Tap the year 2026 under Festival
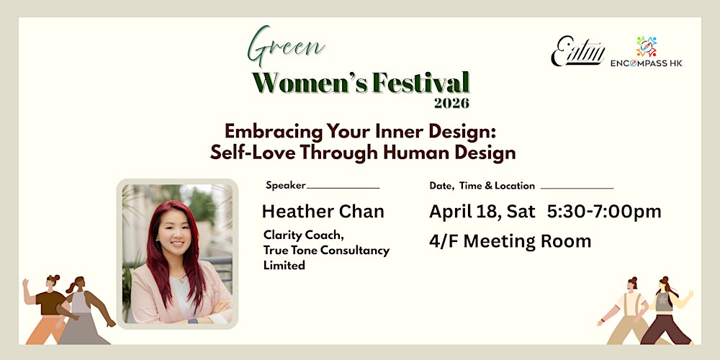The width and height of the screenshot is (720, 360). point(451,103)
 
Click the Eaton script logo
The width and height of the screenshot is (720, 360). point(578,51)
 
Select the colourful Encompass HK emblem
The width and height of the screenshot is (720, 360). point(647,47)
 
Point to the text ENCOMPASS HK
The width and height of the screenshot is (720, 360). point(647,63)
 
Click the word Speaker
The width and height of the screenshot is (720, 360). point(286,185)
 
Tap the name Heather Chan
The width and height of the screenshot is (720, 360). point(323,211)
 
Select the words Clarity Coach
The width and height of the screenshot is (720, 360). point(297,235)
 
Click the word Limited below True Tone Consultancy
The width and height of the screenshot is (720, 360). point(284,265)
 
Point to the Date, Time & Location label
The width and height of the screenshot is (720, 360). point(482,185)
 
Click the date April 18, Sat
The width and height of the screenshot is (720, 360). point(482,211)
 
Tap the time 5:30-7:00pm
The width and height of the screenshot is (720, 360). point(603,211)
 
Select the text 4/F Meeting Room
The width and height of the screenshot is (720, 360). point(510,241)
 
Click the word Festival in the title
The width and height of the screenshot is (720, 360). point(420,82)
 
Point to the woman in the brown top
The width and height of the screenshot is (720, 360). point(50,306)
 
